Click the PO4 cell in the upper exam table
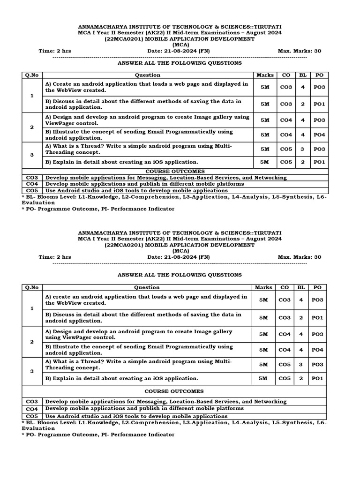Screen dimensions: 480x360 pyautogui.click(x=318, y=135)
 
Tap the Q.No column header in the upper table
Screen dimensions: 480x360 pyautogui.click(x=32, y=75)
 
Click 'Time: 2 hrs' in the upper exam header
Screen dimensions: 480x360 pyautogui.click(x=55, y=51)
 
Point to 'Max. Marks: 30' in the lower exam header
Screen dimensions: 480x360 pyautogui.click(x=300, y=257)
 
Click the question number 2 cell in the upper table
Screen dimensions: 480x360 pyautogui.click(x=32, y=127)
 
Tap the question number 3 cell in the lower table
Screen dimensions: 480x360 pyautogui.click(x=32, y=371)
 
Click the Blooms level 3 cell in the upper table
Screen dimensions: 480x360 pyautogui.click(x=303, y=149)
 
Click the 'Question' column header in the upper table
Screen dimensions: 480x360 pyautogui.click(x=148, y=75)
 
